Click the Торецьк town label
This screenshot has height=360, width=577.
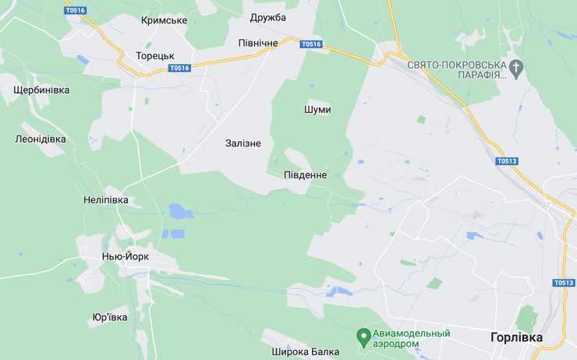154,56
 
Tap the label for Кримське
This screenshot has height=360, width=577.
164,20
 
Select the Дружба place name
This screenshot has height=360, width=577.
268,17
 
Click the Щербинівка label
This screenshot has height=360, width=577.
41,90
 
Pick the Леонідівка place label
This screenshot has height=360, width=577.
41,139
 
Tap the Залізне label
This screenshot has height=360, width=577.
243,143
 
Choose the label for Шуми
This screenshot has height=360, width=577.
317,110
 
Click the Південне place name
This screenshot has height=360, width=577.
305,175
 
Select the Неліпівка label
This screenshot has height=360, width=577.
105,200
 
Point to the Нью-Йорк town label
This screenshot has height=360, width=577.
125,256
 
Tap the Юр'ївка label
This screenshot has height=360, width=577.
109,317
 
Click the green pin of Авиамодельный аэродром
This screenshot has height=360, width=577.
363,337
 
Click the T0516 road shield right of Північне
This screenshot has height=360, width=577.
310,44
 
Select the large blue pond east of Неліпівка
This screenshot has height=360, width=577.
181,211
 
